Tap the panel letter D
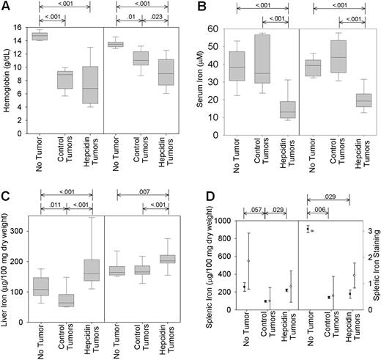(x=200, y=194)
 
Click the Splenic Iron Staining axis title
(x=375, y=265)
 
